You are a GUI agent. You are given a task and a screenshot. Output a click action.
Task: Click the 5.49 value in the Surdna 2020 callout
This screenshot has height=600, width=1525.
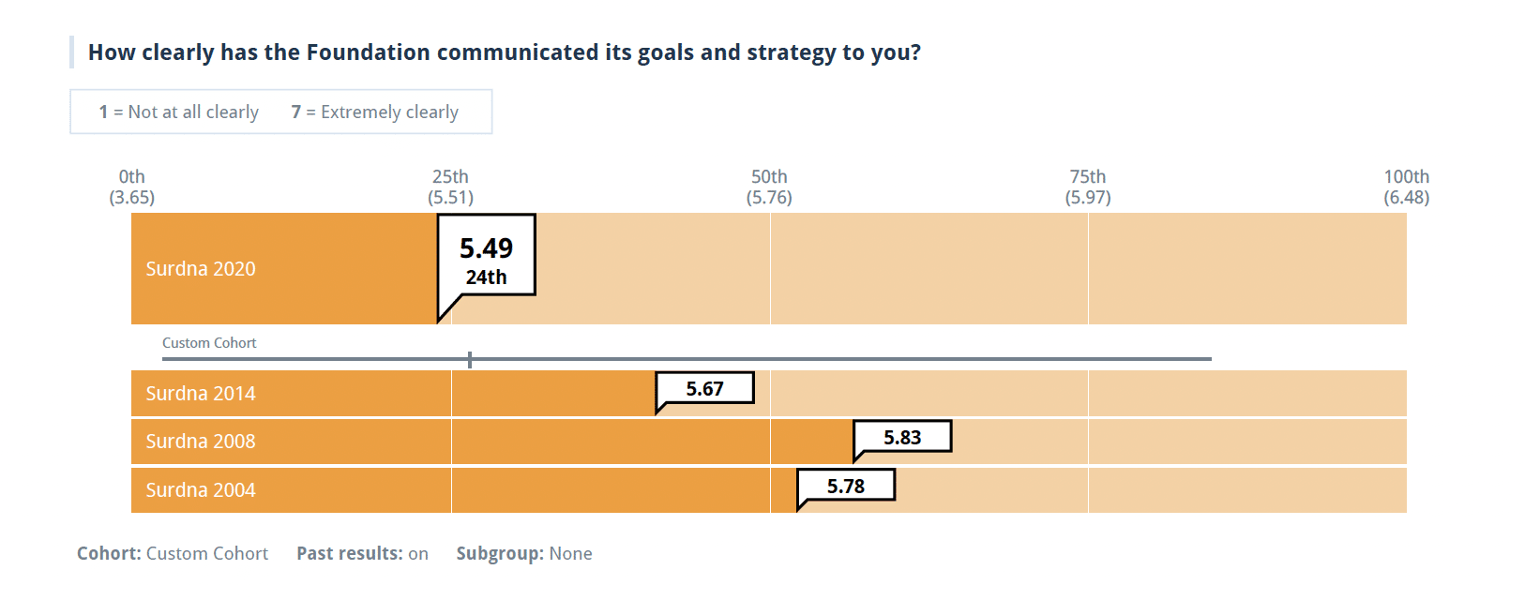pos(486,248)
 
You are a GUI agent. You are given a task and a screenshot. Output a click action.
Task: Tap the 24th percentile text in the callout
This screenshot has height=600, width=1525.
pos(486,277)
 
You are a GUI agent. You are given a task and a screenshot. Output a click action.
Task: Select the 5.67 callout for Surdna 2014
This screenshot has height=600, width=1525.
pos(704,389)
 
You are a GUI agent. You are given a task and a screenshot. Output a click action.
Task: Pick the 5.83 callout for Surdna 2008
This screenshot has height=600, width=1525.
pos(902,438)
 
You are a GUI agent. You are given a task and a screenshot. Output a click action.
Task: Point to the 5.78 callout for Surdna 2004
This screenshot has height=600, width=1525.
pos(845,487)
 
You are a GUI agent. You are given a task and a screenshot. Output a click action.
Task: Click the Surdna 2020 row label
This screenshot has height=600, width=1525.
pos(201,269)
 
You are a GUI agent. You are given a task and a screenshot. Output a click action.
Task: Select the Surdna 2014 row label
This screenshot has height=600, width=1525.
pos(201,394)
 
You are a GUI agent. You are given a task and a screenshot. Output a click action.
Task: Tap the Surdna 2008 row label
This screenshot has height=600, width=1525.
pos(201,442)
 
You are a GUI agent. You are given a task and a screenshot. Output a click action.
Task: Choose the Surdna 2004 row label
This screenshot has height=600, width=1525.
pos(201,490)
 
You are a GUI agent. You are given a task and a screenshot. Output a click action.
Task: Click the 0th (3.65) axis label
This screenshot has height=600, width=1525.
pos(132,187)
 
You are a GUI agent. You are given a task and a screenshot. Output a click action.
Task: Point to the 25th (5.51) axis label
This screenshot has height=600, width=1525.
pos(451,187)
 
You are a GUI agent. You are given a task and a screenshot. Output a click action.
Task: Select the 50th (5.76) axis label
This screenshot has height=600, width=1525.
pos(769,187)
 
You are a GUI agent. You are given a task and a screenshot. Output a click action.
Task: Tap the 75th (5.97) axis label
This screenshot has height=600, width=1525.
pos(1088,187)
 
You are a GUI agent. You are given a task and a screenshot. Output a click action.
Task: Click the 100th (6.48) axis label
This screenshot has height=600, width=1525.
pos(1406,187)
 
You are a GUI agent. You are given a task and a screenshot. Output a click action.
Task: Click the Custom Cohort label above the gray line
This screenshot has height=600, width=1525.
pos(209,343)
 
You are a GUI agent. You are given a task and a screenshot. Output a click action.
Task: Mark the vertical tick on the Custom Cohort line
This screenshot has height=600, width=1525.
pos(470,359)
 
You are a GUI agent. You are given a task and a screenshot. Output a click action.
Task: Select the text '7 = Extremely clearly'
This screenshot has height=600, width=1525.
pos(375,112)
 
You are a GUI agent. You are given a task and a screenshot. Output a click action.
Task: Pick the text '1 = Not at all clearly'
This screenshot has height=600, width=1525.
pos(179,112)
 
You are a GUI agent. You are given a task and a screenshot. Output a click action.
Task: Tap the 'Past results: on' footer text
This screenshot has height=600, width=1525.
pos(362,554)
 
